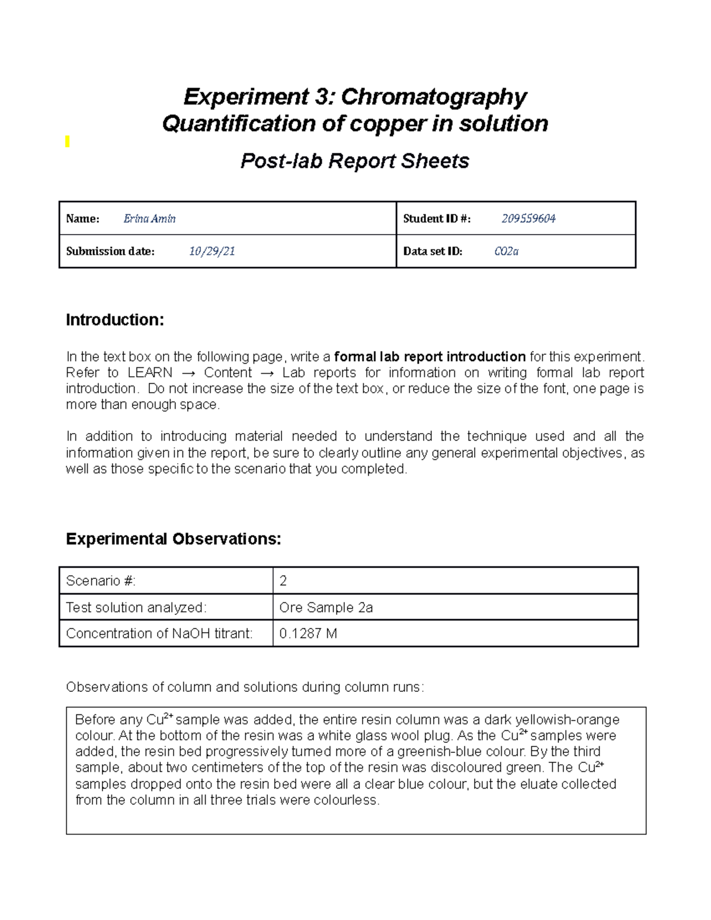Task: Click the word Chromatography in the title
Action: tap(433, 97)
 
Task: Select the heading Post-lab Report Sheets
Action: tap(354, 161)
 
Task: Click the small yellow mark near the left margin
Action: tap(68, 142)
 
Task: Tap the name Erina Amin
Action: tap(149, 219)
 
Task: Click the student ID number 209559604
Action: tap(528, 219)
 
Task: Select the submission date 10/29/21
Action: tap(212, 251)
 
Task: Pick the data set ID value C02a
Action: tap(506, 251)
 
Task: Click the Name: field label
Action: tap(82, 219)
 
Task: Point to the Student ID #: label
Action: tap(437, 219)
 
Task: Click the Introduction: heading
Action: tap(114, 320)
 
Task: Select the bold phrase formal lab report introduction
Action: tap(430, 357)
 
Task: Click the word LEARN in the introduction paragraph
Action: tap(150, 373)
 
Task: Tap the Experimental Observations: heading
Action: tap(173, 539)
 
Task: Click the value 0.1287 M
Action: tap(308, 633)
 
